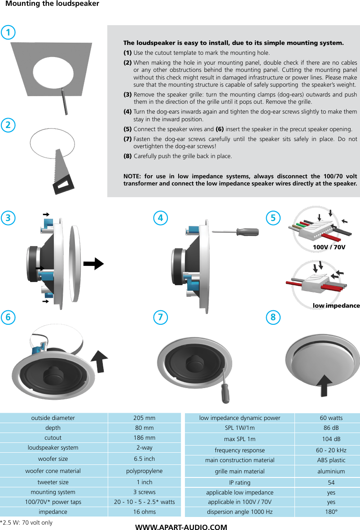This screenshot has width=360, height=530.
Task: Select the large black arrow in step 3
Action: [93, 264]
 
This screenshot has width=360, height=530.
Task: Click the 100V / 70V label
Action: [329, 247]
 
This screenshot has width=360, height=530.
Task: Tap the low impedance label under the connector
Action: [336, 305]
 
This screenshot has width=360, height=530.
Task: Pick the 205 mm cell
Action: [144, 418]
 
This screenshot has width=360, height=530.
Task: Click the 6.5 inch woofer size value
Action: [144, 459]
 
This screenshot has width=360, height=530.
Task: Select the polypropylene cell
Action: [144, 471]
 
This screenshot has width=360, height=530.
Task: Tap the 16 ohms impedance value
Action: [144, 512]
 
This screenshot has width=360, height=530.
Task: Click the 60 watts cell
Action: [331, 418]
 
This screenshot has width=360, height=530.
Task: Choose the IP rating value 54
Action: [331, 482]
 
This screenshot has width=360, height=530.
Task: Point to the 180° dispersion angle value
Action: [331, 512]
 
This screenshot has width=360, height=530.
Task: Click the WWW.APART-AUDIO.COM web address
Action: [181, 527]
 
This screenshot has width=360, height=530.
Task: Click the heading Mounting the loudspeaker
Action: [52, 4]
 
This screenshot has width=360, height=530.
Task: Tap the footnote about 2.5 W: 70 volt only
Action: [26, 522]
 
